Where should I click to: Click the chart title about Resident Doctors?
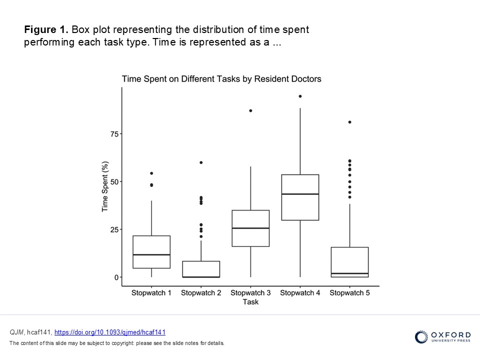click(x=221, y=79)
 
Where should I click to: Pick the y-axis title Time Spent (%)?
click(x=105, y=186)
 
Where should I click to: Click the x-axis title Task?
click(x=250, y=302)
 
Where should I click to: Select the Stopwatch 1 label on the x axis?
click(x=151, y=293)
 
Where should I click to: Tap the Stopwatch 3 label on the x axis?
click(x=250, y=293)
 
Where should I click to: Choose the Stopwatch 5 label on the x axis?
click(x=349, y=293)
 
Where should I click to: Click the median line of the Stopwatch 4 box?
click(x=300, y=194)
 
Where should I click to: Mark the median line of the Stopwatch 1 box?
click(x=151, y=254)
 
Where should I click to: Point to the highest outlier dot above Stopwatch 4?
click(x=300, y=96)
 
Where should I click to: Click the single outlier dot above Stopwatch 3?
click(x=250, y=110)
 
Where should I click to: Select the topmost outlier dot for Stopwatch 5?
click(x=349, y=122)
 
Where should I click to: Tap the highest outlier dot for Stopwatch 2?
click(x=201, y=162)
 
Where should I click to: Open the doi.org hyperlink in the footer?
click(x=109, y=332)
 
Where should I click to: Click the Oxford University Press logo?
click(x=442, y=336)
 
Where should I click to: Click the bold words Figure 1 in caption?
click(x=47, y=30)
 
